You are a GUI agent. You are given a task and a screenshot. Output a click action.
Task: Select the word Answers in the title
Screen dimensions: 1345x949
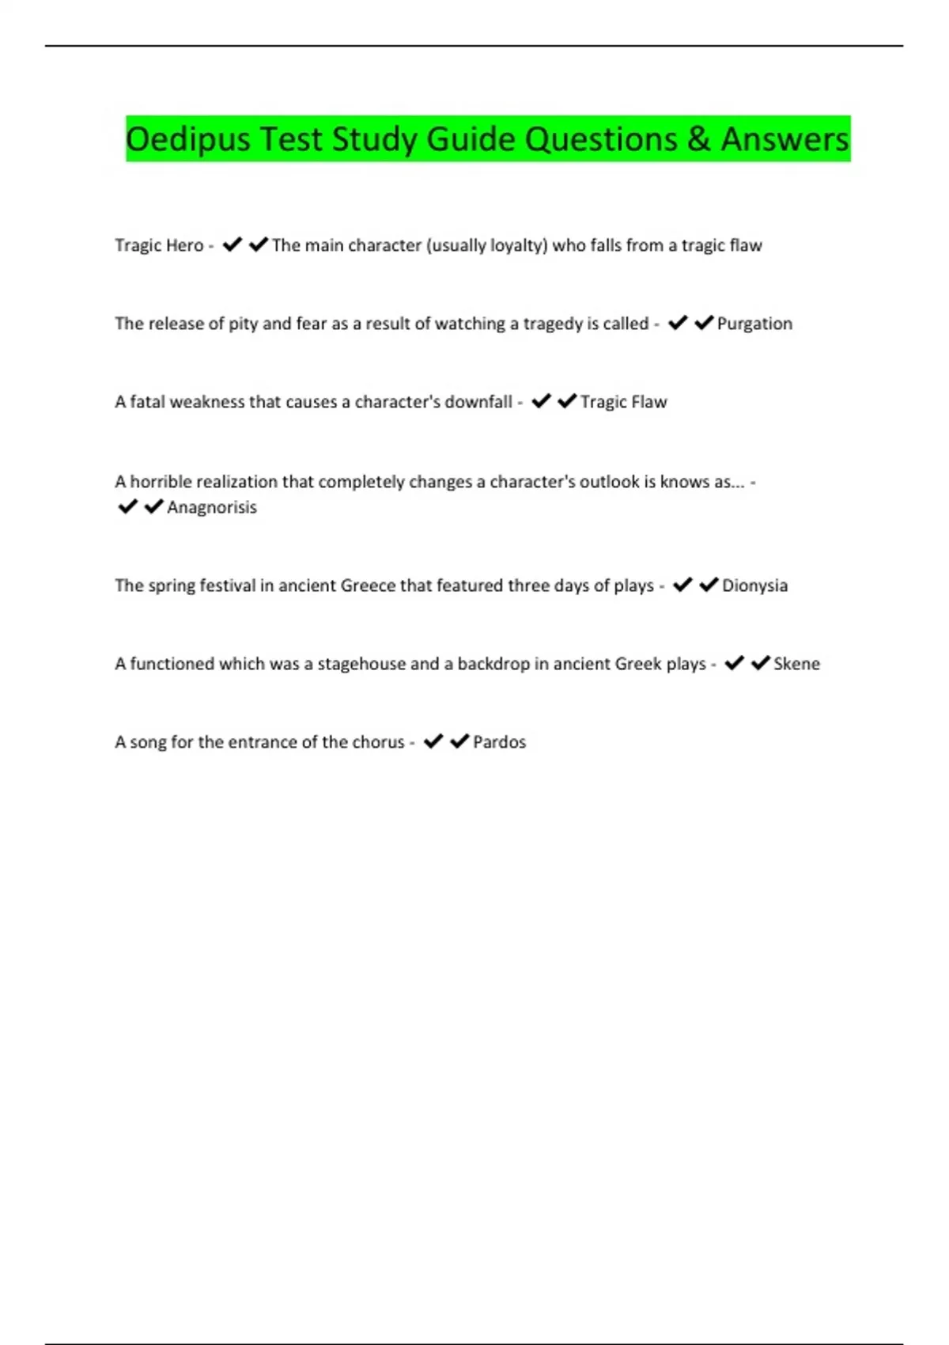[785, 140]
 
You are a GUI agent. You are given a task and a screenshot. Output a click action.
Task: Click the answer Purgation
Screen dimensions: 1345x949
[754, 324]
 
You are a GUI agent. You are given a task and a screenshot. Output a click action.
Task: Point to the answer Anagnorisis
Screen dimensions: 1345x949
[212, 507]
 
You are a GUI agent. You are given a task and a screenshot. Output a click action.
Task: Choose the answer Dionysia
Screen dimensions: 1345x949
[754, 585]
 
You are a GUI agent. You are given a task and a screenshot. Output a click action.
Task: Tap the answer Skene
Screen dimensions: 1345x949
[796, 664]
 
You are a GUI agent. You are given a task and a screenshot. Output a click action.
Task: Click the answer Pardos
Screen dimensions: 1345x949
[499, 742]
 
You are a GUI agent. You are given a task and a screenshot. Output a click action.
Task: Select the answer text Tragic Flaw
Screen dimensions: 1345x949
[623, 402]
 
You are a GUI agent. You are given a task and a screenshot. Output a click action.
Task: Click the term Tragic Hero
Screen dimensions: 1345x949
[159, 245]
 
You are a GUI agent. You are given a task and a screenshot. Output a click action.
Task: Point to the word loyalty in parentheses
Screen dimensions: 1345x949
[516, 245]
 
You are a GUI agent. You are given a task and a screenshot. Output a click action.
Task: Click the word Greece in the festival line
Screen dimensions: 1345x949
[368, 585]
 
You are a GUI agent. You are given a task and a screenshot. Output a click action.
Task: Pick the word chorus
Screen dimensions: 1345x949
[379, 742]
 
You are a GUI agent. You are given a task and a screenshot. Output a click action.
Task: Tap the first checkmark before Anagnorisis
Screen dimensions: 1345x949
[127, 506]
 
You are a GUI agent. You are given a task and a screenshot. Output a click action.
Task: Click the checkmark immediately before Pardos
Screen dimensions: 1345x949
[459, 741]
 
